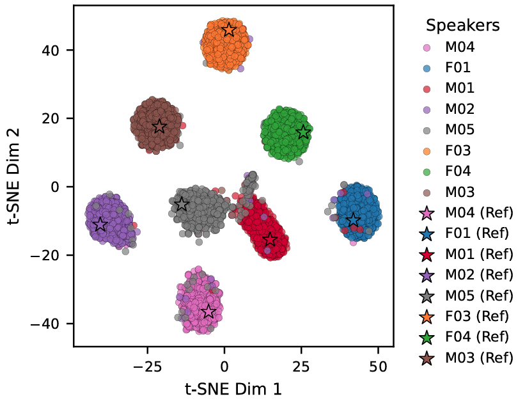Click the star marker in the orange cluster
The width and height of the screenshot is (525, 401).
pos(228,30)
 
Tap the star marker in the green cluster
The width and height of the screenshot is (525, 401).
pos(303,132)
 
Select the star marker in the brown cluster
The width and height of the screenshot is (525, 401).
pos(159,127)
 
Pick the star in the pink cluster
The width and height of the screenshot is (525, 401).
pos(208,311)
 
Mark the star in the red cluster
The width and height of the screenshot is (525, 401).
pos(270,239)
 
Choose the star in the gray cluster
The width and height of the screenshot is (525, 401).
pos(182,204)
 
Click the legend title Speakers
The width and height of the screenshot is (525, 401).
pos(463,26)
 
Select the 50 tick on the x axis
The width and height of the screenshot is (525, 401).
pos(378,368)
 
